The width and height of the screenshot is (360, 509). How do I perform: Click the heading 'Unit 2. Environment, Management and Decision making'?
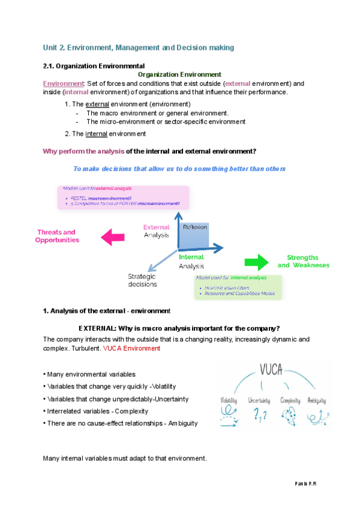(x=139, y=47)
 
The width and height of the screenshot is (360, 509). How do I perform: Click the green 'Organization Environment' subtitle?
(x=180, y=74)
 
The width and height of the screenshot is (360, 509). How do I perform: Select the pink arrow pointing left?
(x=114, y=236)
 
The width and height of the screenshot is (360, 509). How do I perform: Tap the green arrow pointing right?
(x=258, y=261)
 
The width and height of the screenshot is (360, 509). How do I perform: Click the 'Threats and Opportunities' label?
(x=56, y=236)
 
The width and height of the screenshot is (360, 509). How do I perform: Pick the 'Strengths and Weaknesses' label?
(x=303, y=261)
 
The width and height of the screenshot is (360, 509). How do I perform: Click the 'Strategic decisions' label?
(x=142, y=280)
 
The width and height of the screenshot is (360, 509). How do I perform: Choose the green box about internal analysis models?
(x=238, y=286)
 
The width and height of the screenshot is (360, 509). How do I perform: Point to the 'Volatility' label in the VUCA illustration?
(x=229, y=400)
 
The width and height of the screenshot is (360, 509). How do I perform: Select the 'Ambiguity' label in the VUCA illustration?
(x=317, y=400)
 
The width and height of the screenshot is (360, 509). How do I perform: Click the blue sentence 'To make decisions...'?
(x=179, y=169)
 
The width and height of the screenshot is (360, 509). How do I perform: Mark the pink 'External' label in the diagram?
(x=157, y=227)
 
